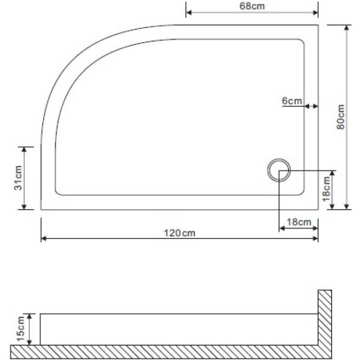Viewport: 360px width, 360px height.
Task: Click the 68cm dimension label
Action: pos(252,6)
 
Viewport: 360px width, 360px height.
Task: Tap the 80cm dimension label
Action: pos(341,117)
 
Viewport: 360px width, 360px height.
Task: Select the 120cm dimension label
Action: pos(180,233)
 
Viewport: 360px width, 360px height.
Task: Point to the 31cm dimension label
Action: pos(18,178)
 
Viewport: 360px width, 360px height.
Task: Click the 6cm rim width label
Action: pos(292,101)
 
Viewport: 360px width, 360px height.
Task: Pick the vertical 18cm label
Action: pos(326,189)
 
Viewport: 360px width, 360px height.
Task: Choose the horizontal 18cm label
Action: pos(299,222)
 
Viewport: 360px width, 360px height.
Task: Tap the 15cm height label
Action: pos(21,329)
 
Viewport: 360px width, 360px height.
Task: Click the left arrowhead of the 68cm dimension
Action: pos(188,12)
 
